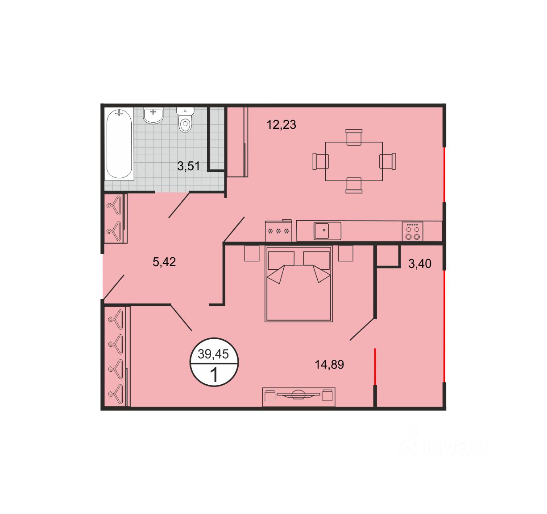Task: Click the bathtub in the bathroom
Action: (x=119, y=144)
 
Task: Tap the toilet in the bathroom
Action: (x=185, y=119)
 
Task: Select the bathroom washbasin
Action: (x=153, y=115)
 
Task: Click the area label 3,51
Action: (x=188, y=166)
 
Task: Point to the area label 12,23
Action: (x=281, y=124)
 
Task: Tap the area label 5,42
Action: (x=164, y=262)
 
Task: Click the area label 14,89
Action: (x=329, y=365)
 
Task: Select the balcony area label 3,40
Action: (x=419, y=264)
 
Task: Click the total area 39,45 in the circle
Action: (x=213, y=354)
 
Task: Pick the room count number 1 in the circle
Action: (x=214, y=375)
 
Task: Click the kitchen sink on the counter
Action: (x=327, y=231)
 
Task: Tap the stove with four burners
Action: (x=412, y=231)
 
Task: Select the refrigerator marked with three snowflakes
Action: (x=278, y=231)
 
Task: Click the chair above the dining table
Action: (x=354, y=137)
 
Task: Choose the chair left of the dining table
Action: (x=321, y=161)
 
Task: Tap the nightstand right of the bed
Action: (x=346, y=253)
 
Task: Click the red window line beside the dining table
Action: (x=444, y=175)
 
